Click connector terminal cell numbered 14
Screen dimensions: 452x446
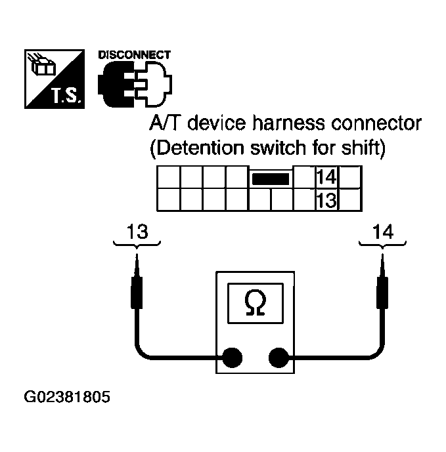[x=326, y=178]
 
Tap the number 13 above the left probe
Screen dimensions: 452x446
[x=137, y=232]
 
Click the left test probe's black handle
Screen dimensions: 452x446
[x=137, y=291]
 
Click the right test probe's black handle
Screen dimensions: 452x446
[x=383, y=291]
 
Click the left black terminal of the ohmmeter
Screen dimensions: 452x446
[x=232, y=358]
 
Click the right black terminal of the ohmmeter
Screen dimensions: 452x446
[x=279, y=358]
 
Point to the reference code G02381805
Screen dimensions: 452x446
[x=67, y=397]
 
